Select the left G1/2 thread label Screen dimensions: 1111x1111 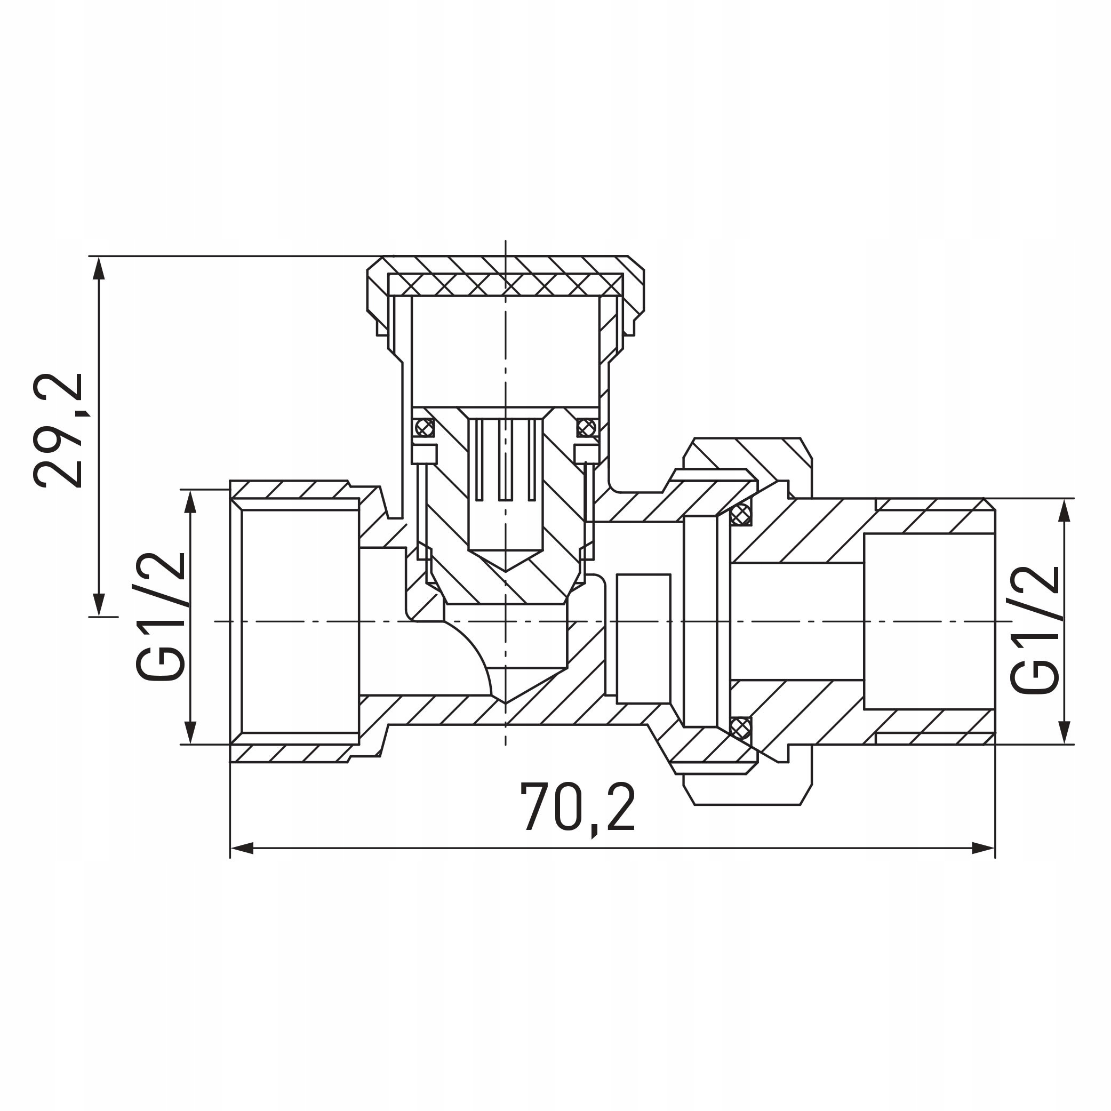click(x=161, y=616)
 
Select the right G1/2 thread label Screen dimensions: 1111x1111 click(x=1035, y=630)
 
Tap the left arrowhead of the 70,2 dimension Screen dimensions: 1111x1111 click(x=242, y=848)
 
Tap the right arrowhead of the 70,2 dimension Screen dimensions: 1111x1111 click(x=984, y=848)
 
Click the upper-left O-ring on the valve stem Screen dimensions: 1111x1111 click(x=425, y=427)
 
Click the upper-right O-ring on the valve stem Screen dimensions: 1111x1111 click(x=586, y=427)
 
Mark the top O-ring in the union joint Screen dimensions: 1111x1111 click(x=741, y=514)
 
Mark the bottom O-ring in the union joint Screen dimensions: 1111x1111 click(x=741, y=728)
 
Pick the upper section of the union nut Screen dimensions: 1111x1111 click(x=748, y=454)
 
